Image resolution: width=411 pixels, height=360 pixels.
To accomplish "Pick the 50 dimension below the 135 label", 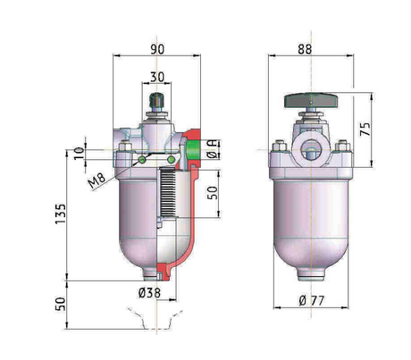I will pyautogui.click(x=59, y=302).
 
